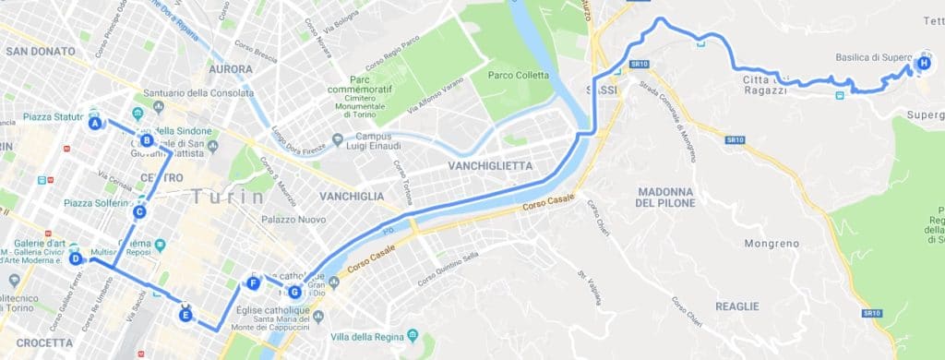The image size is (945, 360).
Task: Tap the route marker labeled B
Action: pyautogui.click(x=146, y=140)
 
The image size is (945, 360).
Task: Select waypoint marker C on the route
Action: pyautogui.click(x=139, y=211)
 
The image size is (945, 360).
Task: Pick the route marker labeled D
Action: pyautogui.click(x=76, y=259)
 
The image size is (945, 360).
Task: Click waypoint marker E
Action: pyautogui.click(x=185, y=315)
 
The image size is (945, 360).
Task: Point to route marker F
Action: pyautogui.click(x=253, y=283)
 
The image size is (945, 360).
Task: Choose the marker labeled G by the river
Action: pyautogui.click(x=294, y=293)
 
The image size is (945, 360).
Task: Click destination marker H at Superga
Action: pyautogui.click(x=924, y=64)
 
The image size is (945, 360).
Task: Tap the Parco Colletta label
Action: pyautogui.click(x=518, y=76)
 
